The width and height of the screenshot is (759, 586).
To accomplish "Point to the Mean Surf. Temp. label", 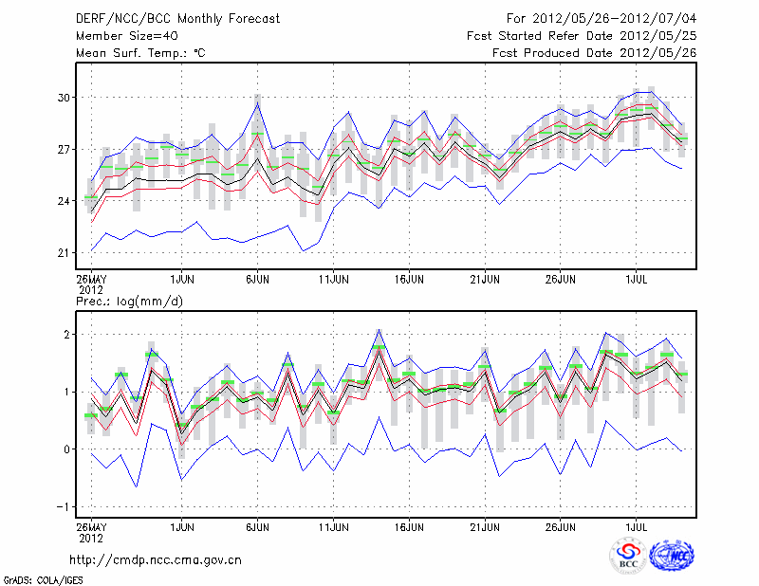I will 140,53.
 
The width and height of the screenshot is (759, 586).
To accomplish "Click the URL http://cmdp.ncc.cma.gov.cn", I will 156,559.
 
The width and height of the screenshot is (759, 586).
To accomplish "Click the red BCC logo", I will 628,556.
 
